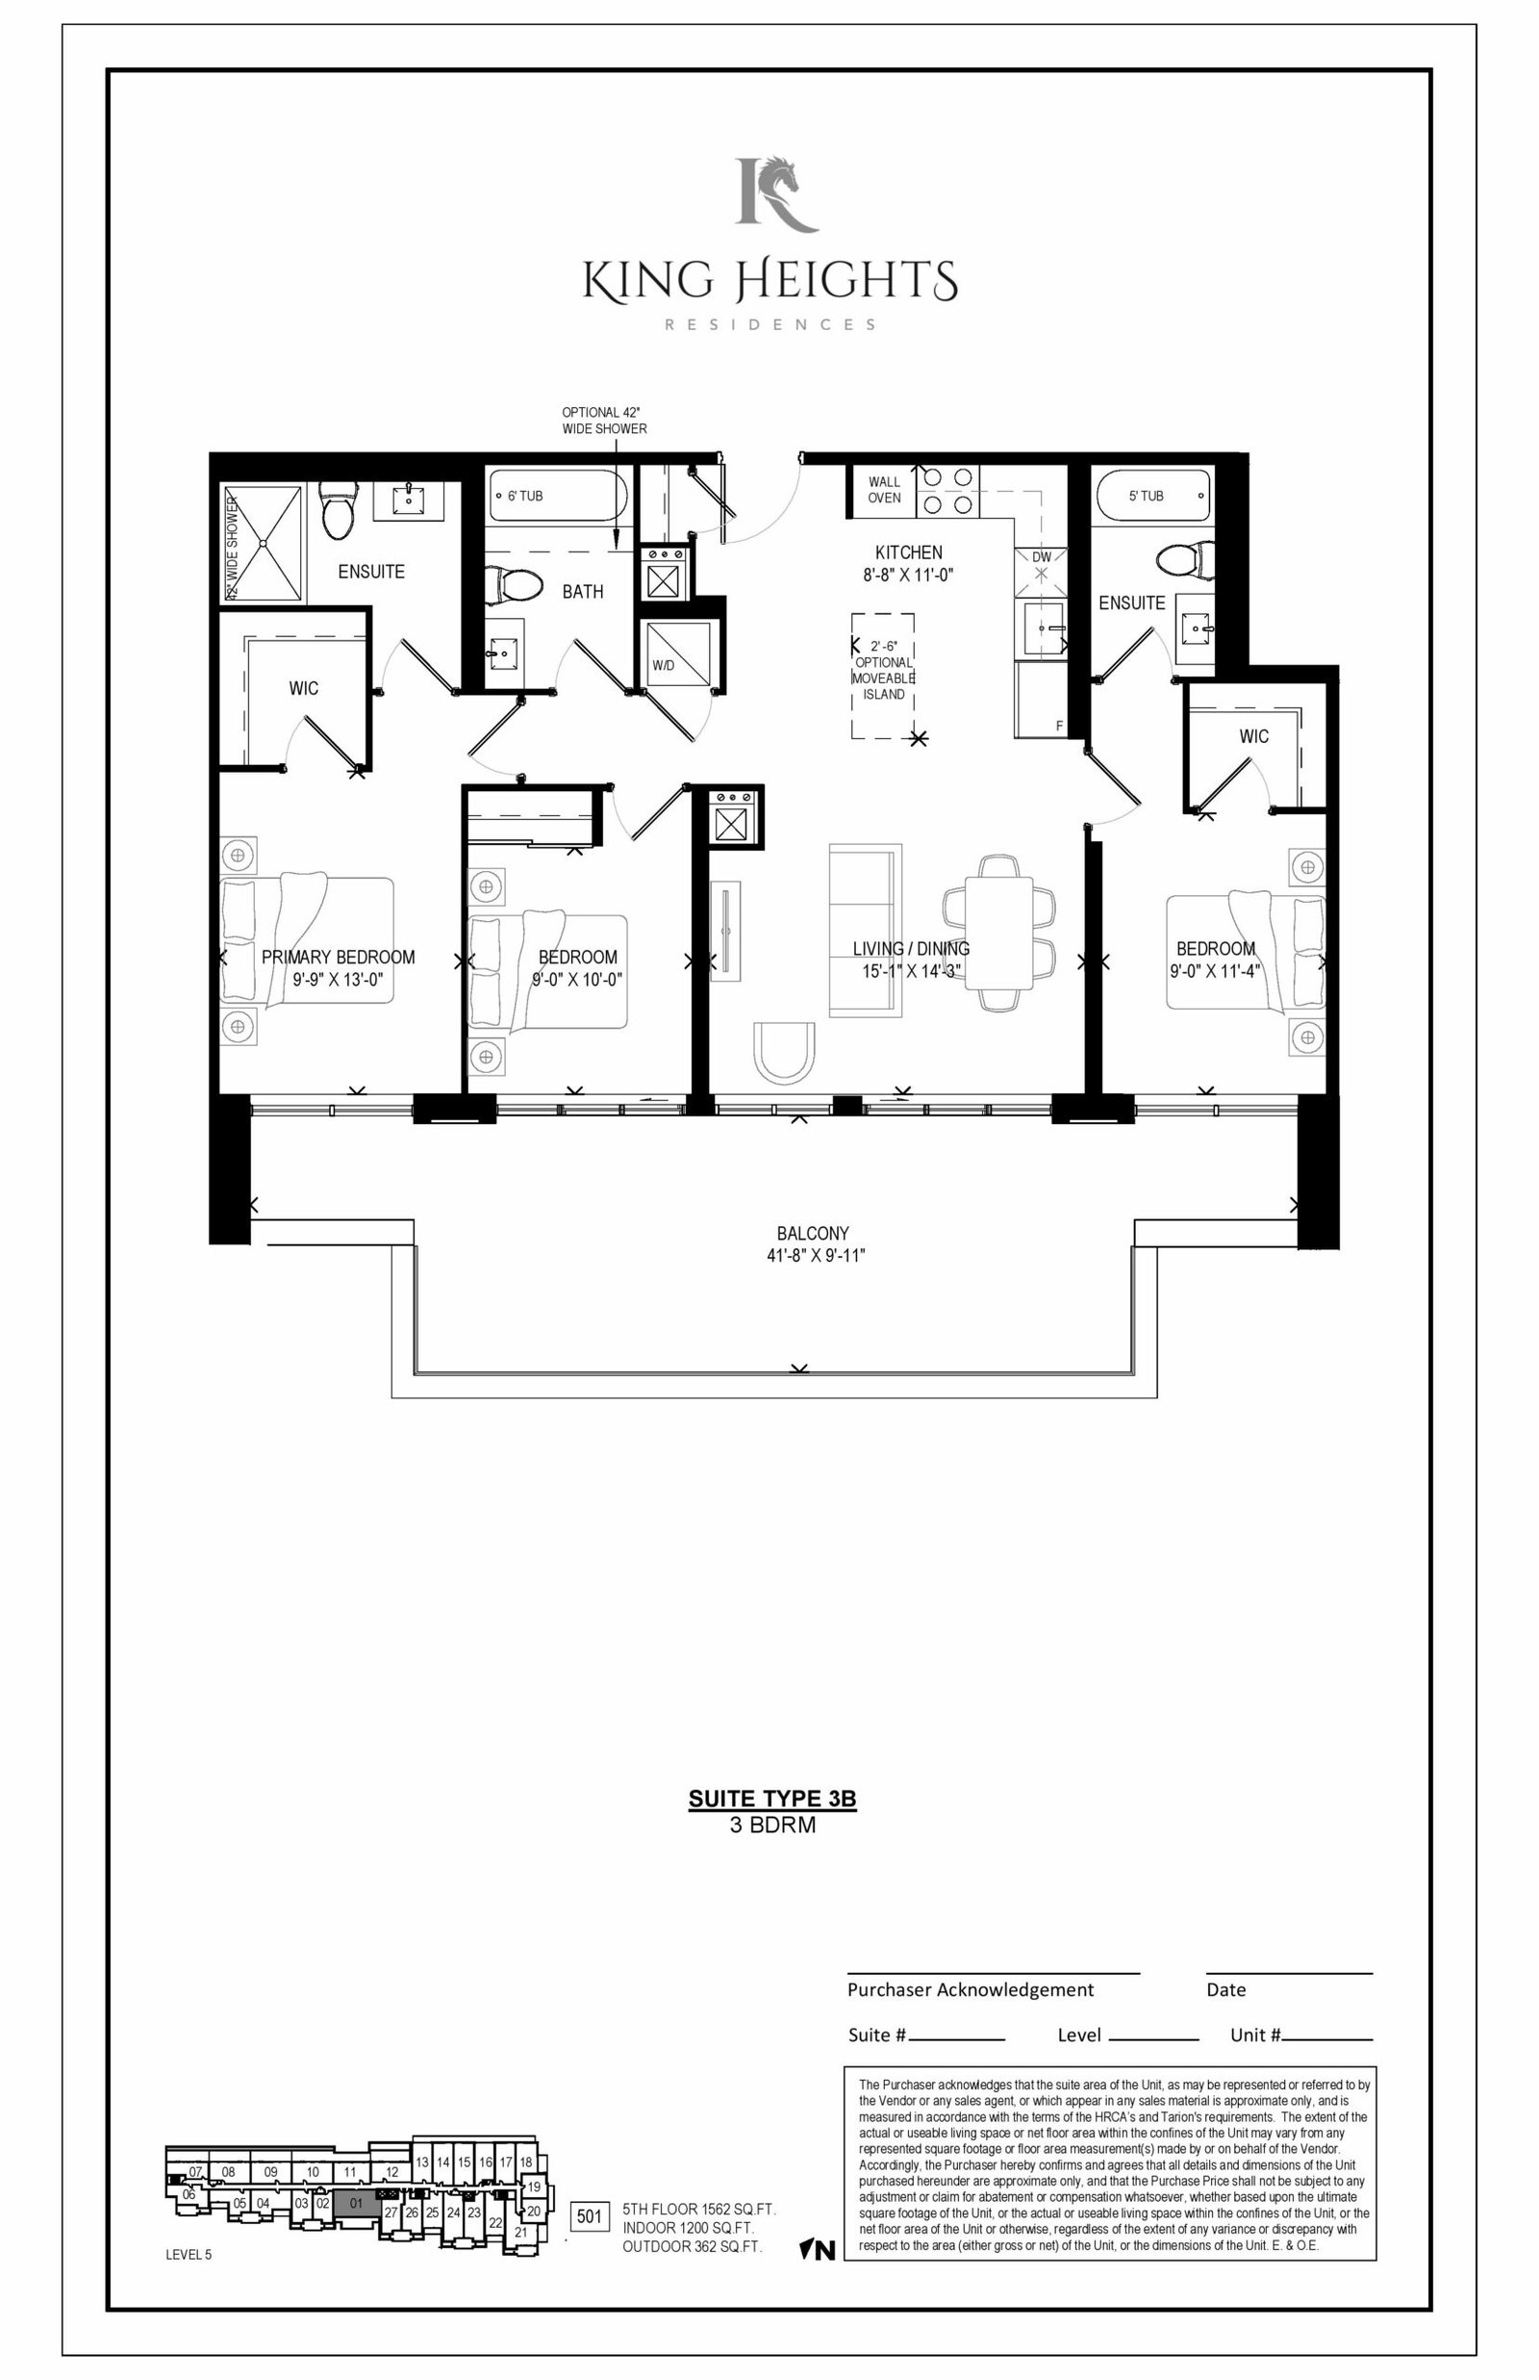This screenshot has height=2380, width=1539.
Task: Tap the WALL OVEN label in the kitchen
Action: coord(883,490)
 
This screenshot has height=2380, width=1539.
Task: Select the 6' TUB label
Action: coord(524,496)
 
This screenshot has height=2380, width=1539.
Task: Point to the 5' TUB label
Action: coord(1146,496)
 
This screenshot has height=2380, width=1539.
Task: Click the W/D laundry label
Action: coord(663,665)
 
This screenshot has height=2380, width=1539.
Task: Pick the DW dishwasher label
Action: coord(1042,557)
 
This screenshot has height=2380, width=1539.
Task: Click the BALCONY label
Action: coord(813,1234)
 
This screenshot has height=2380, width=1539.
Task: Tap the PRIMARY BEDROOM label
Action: coord(338,957)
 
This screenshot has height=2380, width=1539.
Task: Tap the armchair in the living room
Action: coord(785,1053)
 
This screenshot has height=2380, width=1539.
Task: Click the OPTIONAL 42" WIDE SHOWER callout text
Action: coord(604,421)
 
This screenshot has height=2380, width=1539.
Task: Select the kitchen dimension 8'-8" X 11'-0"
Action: coord(908,575)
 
